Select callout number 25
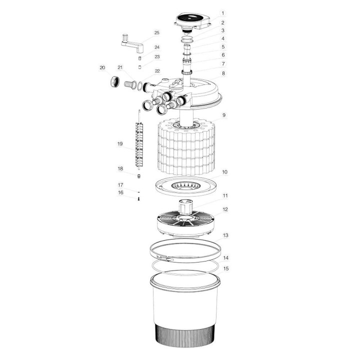click(156, 33)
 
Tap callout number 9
click(224, 115)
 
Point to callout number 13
click(225, 234)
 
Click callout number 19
click(120, 144)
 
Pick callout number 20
click(102, 67)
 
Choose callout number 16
click(120, 192)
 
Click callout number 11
click(225, 195)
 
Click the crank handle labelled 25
click(133, 42)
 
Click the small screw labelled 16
click(138, 198)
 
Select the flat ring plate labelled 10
click(186, 186)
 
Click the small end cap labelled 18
click(138, 175)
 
